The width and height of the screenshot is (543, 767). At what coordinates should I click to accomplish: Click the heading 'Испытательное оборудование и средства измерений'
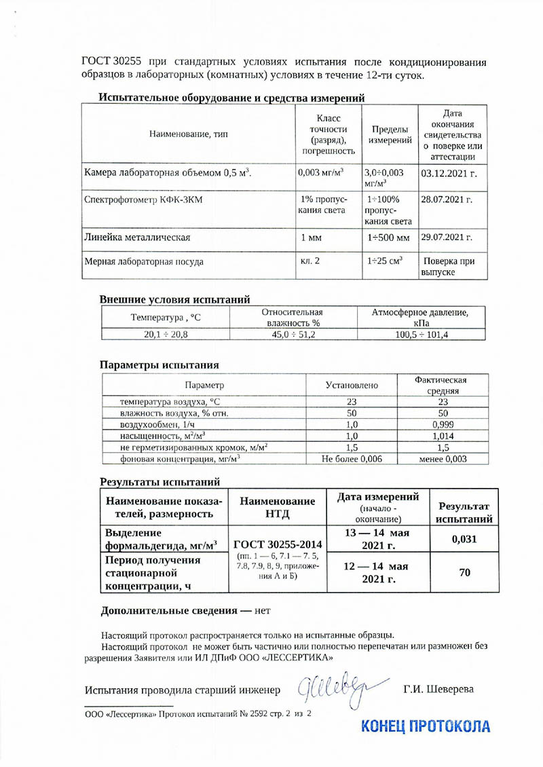pos(232,98)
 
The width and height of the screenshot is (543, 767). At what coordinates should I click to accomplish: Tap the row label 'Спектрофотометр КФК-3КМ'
pos(138,201)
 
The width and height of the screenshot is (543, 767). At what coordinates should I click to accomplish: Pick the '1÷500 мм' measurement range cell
pos(387,238)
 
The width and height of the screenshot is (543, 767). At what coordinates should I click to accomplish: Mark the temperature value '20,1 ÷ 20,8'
pos(166,335)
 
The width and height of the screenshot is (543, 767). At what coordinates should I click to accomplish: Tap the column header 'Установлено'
pos(352,385)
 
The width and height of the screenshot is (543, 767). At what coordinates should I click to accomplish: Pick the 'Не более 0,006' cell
pos(352,460)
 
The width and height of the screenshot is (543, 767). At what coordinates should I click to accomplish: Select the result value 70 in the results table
pos(464,573)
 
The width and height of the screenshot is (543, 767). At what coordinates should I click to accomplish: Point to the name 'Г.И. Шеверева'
pos(438,690)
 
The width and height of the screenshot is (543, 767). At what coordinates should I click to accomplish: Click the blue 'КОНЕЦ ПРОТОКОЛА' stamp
pos(426,726)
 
